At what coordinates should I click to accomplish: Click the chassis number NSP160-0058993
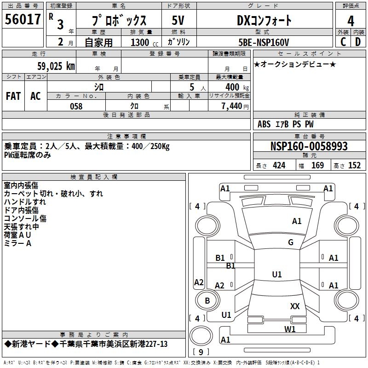pos(309,146)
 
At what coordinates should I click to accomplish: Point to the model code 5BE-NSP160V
pos(264,42)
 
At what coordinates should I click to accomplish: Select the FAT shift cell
pos(13,96)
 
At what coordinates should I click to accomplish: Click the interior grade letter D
pos(358,42)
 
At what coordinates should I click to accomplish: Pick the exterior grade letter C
pos(343,42)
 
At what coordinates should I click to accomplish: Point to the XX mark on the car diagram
pos(295,306)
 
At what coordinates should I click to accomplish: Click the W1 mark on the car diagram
pos(290,329)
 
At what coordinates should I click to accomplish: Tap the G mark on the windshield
pos(291,242)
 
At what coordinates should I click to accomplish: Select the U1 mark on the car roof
pos(277,275)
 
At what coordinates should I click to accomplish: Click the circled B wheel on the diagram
pos(207,301)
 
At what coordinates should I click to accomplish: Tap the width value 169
pos(317,166)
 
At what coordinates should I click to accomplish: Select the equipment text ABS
pos(264,124)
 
